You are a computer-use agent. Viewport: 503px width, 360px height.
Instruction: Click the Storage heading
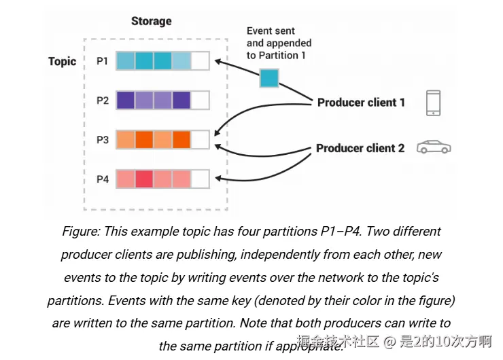pyautogui.click(x=151, y=21)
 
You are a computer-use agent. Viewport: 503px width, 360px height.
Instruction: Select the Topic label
pyautogui.click(x=62, y=61)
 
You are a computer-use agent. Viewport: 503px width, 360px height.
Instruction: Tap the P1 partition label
pyautogui.click(x=102, y=61)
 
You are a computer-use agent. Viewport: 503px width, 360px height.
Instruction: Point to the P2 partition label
pyautogui.click(x=102, y=101)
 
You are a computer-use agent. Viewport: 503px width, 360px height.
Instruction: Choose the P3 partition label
pyautogui.click(x=102, y=140)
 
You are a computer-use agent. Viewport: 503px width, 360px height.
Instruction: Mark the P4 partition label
pyautogui.click(x=102, y=179)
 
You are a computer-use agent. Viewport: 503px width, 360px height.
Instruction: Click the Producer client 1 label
pyautogui.click(x=361, y=103)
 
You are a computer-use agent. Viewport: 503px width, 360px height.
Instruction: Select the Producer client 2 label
pyautogui.click(x=360, y=148)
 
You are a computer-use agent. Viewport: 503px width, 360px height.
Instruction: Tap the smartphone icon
pyautogui.click(x=433, y=103)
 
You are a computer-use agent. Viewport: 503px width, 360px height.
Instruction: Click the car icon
pyautogui.click(x=434, y=147)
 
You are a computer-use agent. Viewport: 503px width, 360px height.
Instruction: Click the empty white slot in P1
pyautogui.click(x=200, y=61)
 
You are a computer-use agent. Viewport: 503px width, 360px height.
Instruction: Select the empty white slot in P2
pyautogui.click(x=200, y=101)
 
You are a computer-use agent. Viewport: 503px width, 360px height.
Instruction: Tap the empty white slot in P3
pyautogui.click(x=200, y=140)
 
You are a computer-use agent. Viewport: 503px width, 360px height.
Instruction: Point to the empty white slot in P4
pyautogui.click(x=200, y=179)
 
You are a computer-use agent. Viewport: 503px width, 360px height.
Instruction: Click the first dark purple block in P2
pyautogui.click(x=126, y=101)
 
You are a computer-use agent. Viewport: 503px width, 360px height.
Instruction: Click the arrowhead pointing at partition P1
pyautogui.click(x=217, y=62)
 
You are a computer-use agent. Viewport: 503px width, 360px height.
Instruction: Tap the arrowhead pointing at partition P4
pyautogui.click(x=217, y=179)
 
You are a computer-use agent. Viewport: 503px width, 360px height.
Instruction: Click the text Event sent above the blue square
pyautogui.click(x=271, y=31)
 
